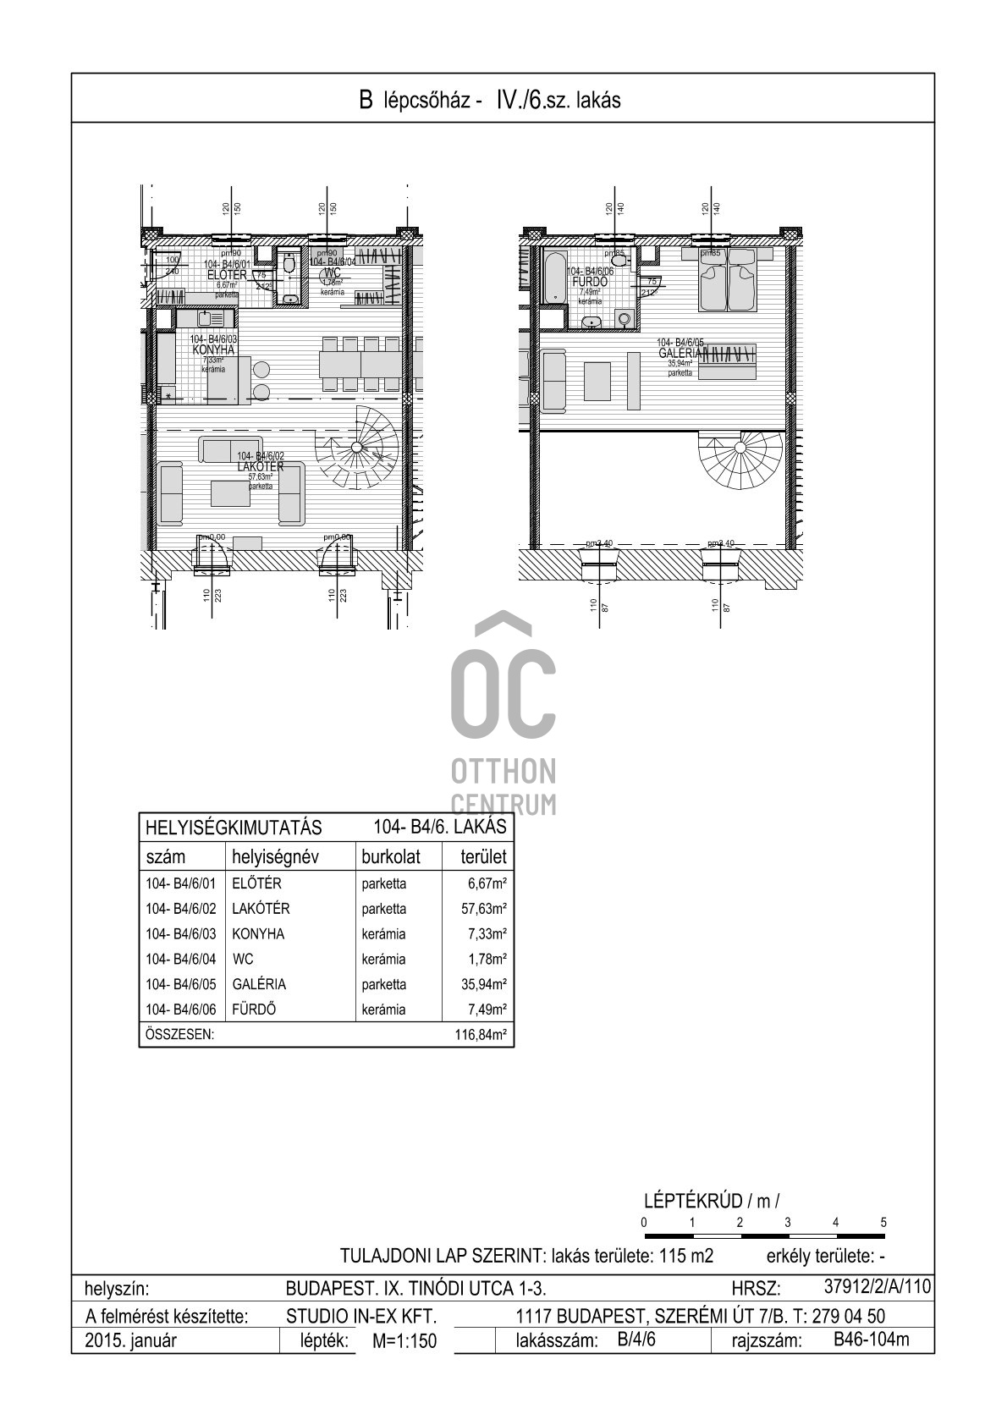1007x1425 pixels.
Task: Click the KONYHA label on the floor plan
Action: click(x=213, y=349)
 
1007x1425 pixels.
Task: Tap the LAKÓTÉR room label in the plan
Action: click(x=261, y=467)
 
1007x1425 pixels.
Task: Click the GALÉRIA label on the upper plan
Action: click(x=681, y=353)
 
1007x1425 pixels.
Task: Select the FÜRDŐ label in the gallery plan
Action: click(x=590, y=282)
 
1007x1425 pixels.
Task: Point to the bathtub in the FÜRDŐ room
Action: click(x=556, y=276)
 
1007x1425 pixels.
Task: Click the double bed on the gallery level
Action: click(x=726, y=282)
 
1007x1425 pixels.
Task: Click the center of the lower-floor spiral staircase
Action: click(x=357, y=446)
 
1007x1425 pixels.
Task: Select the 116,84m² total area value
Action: click(x=480, y=1034)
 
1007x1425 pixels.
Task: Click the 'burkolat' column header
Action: click(x=391, y=856)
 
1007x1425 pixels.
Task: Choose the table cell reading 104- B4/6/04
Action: click(x=181, y=959)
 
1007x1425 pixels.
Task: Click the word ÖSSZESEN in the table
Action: click(x=179, y=1034)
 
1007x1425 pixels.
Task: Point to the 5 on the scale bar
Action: click(x=883, y=1222)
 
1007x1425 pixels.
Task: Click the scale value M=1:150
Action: click(x=404, y=1341)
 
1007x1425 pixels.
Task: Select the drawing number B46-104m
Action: click(x=871, y=1340)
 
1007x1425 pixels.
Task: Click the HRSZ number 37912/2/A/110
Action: click(x=877, y=1287)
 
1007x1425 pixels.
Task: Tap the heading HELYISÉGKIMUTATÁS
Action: click(x=234, y=827)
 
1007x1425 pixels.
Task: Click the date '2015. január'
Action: click(x=131, y=1340)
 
